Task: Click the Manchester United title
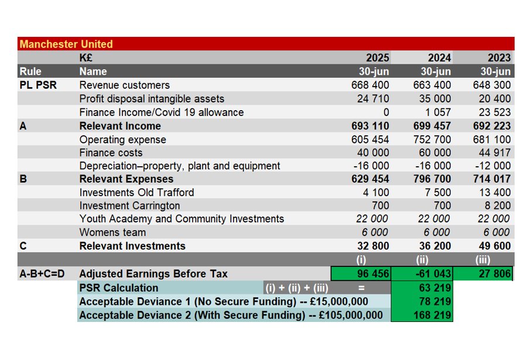click(66, 44)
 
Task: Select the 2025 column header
click(377, 57)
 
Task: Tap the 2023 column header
click(499, 57)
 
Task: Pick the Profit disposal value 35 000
click(435, 98)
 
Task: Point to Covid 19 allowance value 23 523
click(494, 112)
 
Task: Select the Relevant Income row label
click(120, 126)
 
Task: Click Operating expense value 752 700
click(431, 139)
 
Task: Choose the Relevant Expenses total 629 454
click(372, 179)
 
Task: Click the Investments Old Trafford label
click(136, 193)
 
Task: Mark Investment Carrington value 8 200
click(498, 205)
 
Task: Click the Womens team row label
click(112, 232)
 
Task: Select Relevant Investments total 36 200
click(435, 246)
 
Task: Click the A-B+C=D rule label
click(43, 273)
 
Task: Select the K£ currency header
click(86, 57)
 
